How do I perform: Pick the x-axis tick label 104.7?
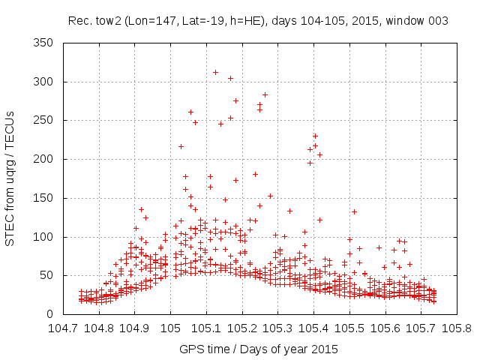click(63, 328)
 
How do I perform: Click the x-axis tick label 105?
click(170, 328)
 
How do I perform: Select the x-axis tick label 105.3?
click(277, 328)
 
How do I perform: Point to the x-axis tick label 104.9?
click(135, 328)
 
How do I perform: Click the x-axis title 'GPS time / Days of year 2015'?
click(259, 349)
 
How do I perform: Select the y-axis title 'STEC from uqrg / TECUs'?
click(10, 178)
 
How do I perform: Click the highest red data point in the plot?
click(215, 73)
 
